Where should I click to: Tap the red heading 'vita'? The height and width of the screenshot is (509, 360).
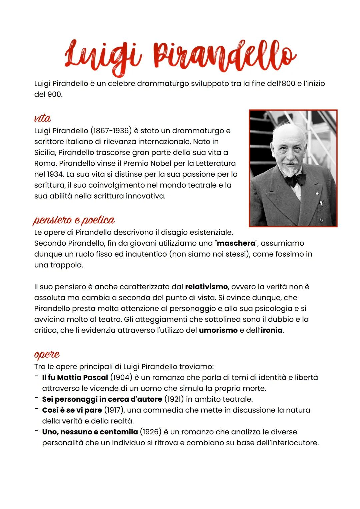tap(42, 118)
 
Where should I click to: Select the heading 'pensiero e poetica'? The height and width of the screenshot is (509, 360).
tap(74, 220)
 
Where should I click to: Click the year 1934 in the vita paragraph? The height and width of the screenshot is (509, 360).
tap(51, 174)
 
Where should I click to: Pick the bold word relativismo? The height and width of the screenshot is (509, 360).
tap(206, 287)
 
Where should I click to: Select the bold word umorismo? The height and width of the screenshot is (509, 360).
tap(218, 330)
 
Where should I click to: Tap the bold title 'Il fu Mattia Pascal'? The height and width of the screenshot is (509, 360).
tap(75, 378)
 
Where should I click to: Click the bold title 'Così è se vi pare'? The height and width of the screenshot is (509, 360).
tap(72, 410)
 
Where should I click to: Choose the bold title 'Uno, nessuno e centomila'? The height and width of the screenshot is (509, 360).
tap(90, 432)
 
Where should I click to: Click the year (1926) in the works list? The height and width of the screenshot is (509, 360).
tap(150, 432)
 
